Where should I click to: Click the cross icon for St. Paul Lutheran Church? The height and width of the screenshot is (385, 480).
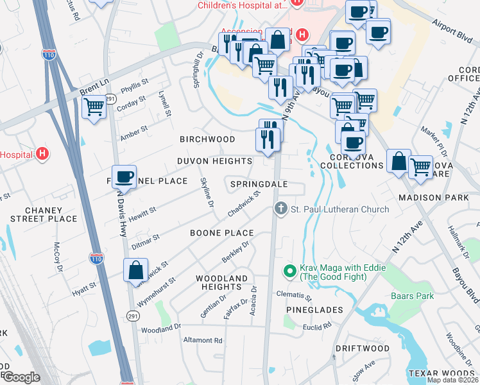pyautogui.click(x=280, y=209)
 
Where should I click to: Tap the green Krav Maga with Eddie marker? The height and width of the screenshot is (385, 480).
pyautogui.click(x=289, y=272)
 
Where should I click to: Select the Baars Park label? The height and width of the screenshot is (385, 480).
pyautogui.click(x=413, y=296)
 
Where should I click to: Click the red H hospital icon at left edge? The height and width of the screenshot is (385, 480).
pyautogui.click(x=42, y=154)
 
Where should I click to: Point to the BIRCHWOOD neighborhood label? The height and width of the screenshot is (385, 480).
pyautogui.click(x=207, y=139)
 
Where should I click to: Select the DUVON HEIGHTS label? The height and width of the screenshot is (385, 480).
pyautogui.click(x=215, y=161)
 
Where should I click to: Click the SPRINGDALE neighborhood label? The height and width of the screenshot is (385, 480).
pyautogui.click(x=259, y=184)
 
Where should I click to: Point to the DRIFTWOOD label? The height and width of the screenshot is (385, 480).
pyautogui.click(x=363, y=348)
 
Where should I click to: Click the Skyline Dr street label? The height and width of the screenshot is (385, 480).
pyautogui.click(x=207, y=193)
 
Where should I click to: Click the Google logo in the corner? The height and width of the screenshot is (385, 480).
pyautogui.click(x=21, y=377)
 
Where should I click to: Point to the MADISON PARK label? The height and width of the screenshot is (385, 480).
pyautogui.click(x=434, y=198)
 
